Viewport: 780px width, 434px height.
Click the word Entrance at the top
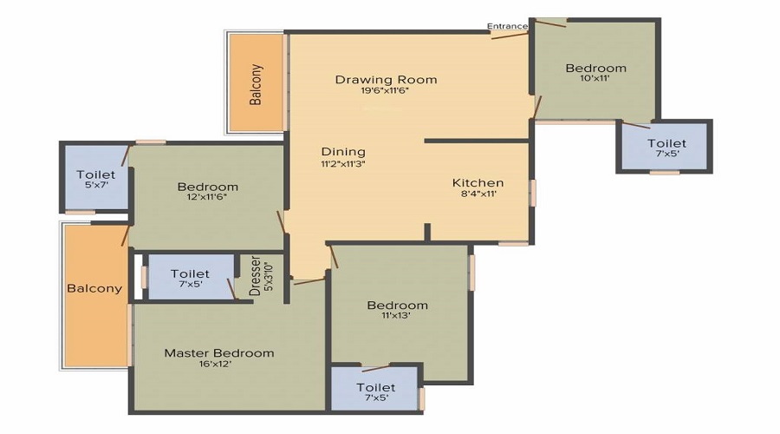tap(507, 26)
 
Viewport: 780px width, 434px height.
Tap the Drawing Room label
tap(386, 80)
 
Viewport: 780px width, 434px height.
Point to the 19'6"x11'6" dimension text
tap(386, 91)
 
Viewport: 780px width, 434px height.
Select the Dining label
tap(343, 151)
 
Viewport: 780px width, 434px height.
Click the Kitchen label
tap(478, 183)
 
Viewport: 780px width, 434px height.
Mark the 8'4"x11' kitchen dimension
tap(478, 195)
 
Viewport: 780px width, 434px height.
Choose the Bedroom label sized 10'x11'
tap(595, 68)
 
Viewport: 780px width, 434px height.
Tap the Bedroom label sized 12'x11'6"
tap(207, 187)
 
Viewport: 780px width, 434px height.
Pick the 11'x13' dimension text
tap(397, 316)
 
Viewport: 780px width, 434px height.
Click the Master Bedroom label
tap(219, 352)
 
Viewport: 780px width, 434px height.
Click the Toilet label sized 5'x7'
tap(95, 174)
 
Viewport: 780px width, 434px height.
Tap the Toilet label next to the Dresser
tap(190, 273)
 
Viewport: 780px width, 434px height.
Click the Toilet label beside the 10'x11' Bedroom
tap(666, 143)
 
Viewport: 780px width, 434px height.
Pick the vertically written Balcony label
tap(256, 84)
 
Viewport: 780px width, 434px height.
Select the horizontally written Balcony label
tap(94, 288)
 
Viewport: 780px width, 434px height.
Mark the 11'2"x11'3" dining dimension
tap(343, 163)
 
